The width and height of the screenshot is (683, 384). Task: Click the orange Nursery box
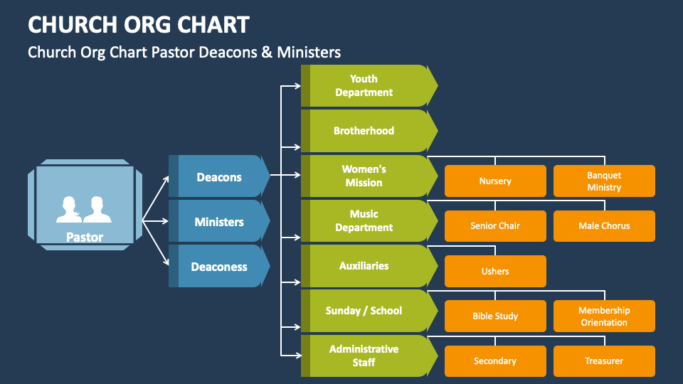tap(495, 181)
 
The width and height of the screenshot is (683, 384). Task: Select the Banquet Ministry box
tap(604, 181)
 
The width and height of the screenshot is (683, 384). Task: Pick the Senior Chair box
tap(495, 226)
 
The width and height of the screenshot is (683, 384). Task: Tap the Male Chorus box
tap(604, 226)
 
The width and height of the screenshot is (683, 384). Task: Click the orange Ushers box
tap(495, 271)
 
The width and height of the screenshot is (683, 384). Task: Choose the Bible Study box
tap(495, 316)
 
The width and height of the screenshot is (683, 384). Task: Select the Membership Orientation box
tap(604, 316)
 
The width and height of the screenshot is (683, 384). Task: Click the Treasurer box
tap(604, 361)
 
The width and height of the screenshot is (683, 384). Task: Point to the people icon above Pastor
tap(84, 210)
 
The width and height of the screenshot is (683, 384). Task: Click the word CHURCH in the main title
tap(73, 25)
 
